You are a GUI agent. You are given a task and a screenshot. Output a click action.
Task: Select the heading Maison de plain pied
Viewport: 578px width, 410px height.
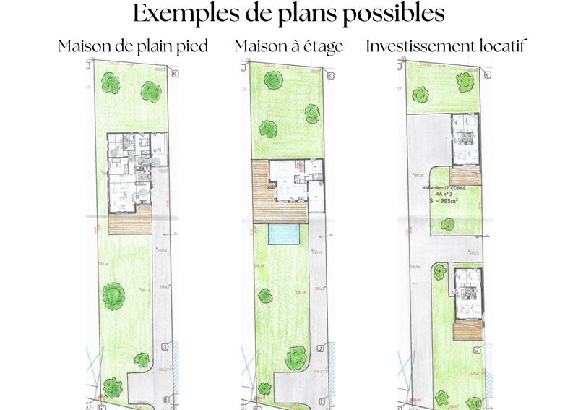(134, 46)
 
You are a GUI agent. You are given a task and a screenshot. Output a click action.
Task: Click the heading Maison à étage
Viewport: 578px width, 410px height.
(288, 46)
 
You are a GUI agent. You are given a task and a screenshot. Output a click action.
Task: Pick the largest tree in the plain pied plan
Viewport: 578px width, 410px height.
(113, 294)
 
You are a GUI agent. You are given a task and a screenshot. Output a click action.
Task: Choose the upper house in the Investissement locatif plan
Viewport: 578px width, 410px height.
(465, 140)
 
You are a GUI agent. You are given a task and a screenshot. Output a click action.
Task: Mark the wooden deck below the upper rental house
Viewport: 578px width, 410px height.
(465, 176)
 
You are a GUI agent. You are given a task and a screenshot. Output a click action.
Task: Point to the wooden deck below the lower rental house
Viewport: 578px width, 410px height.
(465, 329)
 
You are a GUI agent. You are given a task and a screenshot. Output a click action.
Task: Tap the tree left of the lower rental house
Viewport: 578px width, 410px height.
(438, 273)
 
